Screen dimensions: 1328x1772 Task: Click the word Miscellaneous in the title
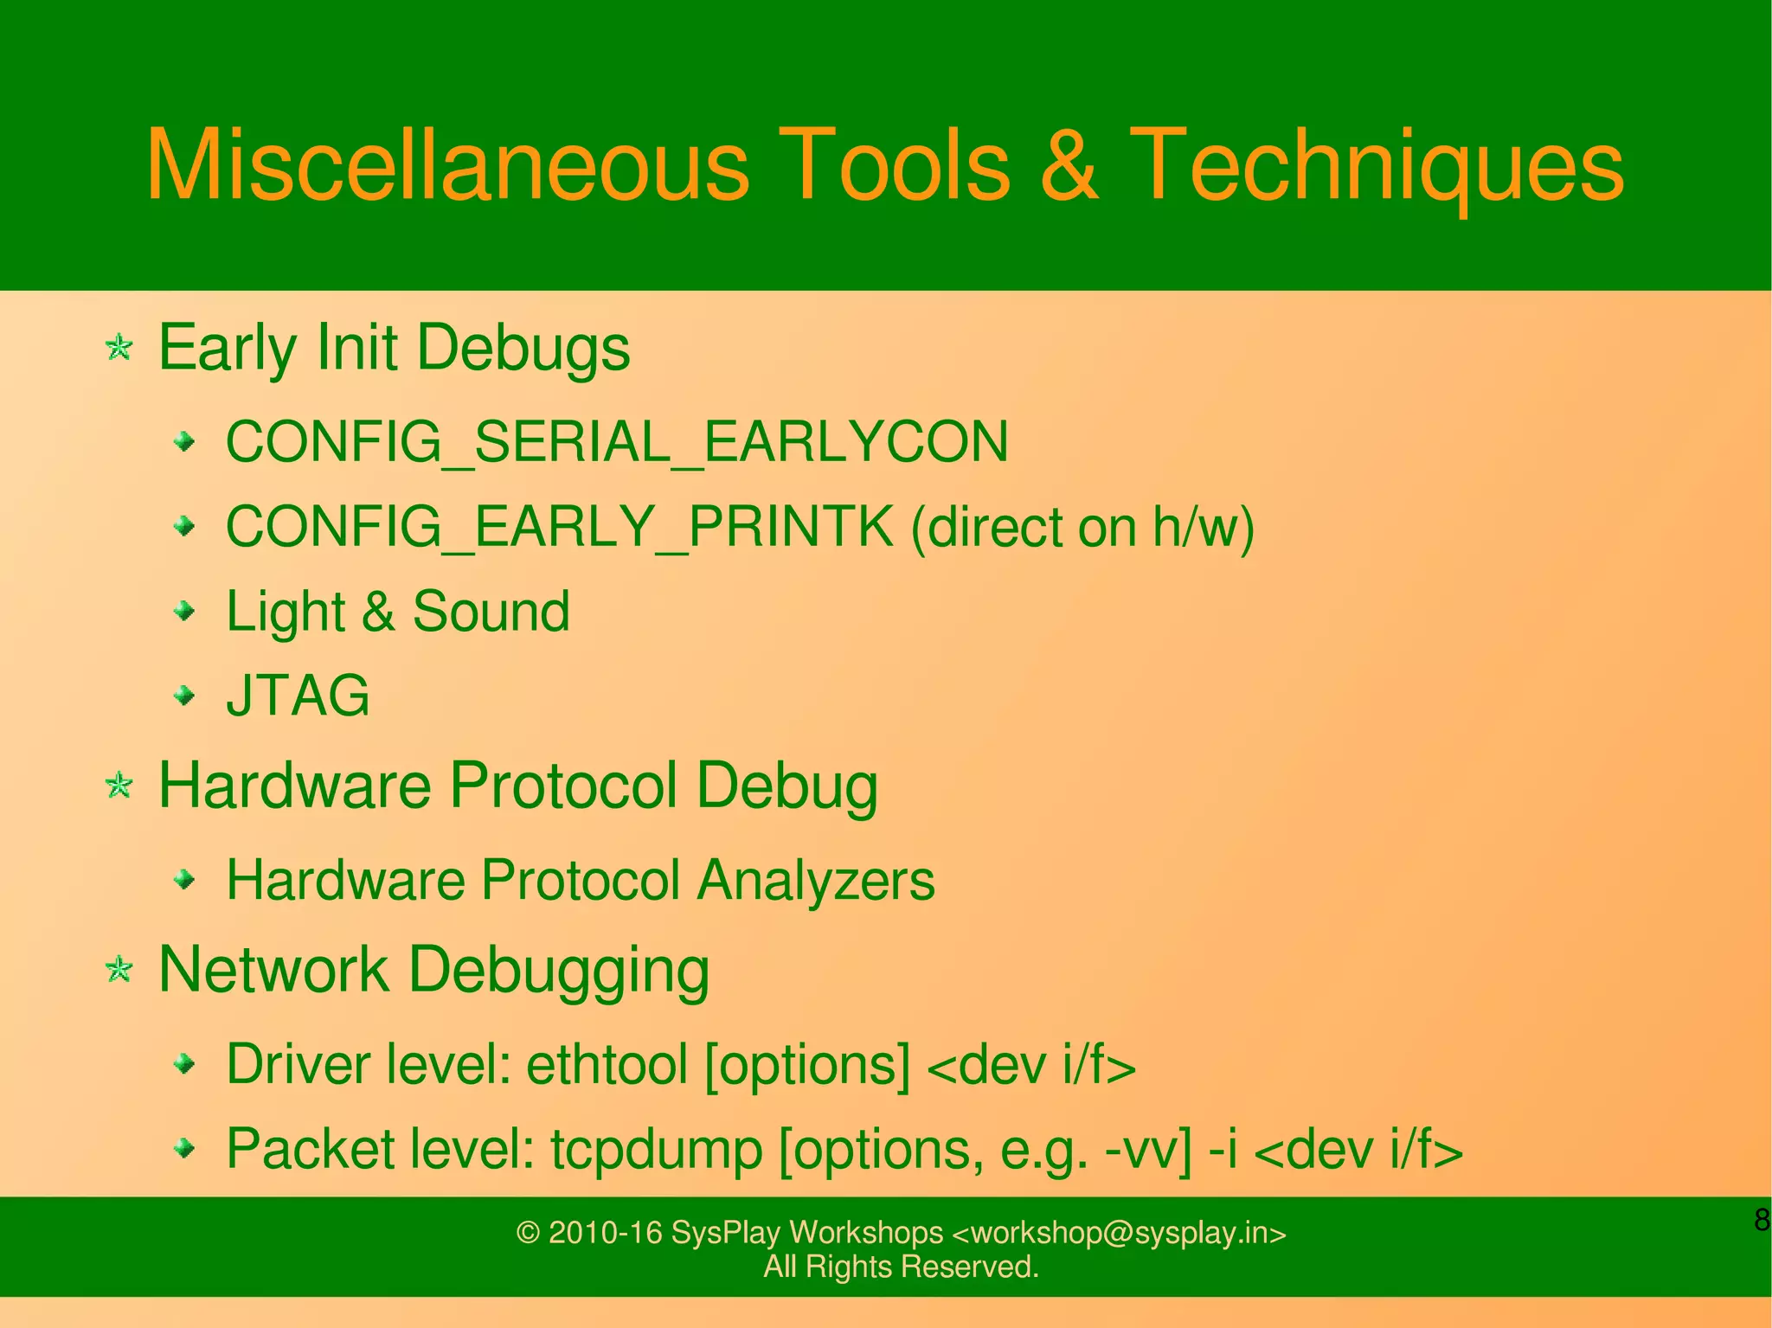[447, 165]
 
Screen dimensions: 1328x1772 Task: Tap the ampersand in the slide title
[1069, 165]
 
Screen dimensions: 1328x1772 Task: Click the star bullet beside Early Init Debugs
[119, 348]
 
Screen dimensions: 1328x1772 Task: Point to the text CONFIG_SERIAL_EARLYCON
[617, 442]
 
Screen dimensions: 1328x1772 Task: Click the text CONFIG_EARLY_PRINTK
[559, 527]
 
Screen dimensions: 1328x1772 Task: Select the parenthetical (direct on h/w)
[1082, 527]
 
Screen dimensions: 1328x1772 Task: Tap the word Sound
[491, 612]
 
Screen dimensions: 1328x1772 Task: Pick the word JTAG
[298, 696]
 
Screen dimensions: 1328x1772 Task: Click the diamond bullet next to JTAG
[184, 695]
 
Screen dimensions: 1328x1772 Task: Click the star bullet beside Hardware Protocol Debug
[119, 786]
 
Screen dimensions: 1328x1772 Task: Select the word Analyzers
[816, 881]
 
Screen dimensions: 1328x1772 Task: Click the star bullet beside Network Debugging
[119, 969]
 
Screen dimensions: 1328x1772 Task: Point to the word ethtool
[607, 1064]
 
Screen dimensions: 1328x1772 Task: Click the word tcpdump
[657, 1150]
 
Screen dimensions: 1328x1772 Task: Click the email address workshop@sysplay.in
[1119, 1232]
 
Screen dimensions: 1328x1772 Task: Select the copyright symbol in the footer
[528, 1232]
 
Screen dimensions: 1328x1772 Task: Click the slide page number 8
[1761, 1220]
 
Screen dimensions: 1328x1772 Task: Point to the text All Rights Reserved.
[901, 1267]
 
